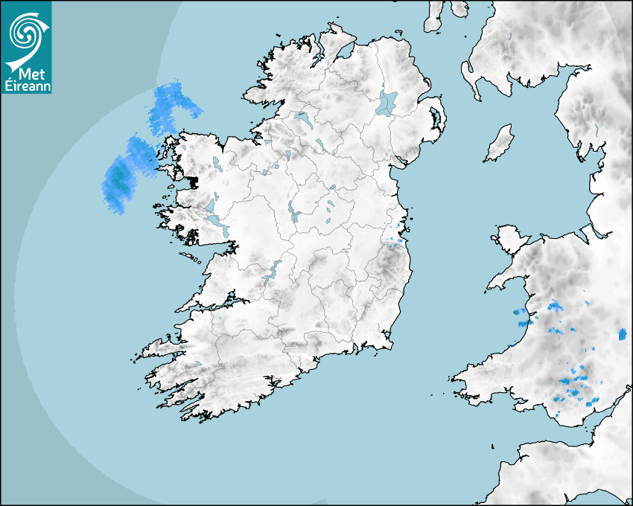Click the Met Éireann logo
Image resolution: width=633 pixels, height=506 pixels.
26,48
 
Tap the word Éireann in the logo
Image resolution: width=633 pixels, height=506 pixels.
26,85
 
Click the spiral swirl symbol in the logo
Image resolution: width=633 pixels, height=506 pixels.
24,31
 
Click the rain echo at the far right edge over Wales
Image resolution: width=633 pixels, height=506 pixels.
623,333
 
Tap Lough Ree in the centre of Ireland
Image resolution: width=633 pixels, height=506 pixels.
292,213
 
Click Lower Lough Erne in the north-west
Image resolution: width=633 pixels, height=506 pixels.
302,119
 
